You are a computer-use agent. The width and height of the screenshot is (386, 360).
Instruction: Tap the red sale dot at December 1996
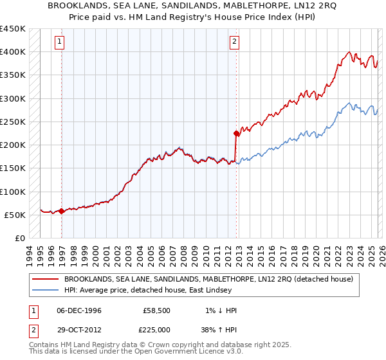pyautogui.click(x=61, y=211)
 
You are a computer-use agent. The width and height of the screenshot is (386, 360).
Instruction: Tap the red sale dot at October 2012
pyautogui.click(x=236, y=134)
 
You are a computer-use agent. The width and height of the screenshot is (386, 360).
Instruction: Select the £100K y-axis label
pyautogui.click(x=13, y=192)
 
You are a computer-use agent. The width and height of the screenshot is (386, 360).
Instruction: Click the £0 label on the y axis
pyautogui.click(x=19, y=239)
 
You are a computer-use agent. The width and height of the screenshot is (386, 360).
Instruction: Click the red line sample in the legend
pyautogui.click(x=44, y=280)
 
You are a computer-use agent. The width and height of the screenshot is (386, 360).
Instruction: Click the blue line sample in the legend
pyautogui.click(x=44, y=290)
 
